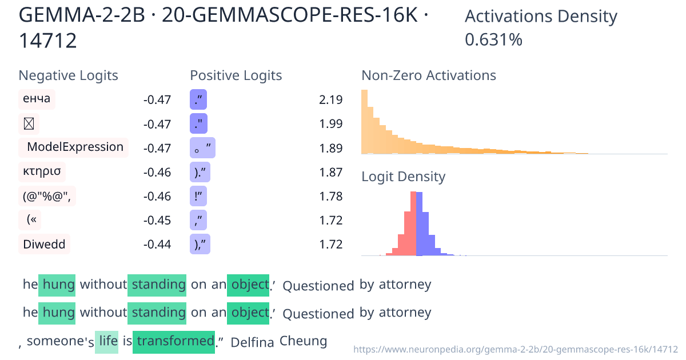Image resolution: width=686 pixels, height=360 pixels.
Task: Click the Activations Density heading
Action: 541,17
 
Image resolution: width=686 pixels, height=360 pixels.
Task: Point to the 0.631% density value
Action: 493,40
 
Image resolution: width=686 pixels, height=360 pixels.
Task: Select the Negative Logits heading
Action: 69,75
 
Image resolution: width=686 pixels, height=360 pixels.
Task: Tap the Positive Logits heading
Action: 236,75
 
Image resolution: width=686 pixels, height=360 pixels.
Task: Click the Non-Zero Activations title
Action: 429,75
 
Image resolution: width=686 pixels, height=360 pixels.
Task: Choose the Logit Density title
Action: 403,177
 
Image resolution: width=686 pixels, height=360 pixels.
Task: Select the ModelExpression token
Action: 75,147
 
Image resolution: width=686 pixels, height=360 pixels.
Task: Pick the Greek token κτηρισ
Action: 41,171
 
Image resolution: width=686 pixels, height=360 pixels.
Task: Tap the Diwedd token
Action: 44,245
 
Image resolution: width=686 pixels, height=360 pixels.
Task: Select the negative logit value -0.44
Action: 157,245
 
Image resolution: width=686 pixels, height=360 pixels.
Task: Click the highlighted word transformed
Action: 174,342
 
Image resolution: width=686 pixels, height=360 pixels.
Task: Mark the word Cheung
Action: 303,342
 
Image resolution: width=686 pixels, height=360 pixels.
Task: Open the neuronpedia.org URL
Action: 516,349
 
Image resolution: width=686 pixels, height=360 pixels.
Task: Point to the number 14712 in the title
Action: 48,41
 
